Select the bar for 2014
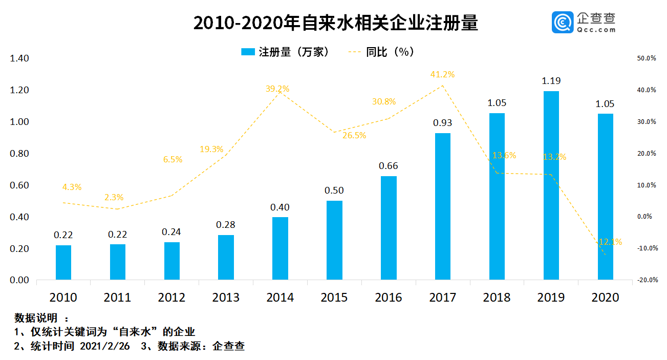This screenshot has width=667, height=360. pyautogui.click(x=280, y=248)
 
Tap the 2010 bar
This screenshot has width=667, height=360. pyautogui.click(x=63, y=262)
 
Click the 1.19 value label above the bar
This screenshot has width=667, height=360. pyautogui.click(x=551, y=81)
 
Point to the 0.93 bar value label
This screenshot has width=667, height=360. pyautogui.click(x=442, y=123)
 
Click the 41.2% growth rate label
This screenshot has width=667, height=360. pyautogui.click(x=442, y=75)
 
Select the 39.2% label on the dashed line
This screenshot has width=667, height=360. pyautogui.click(x=277, y=89)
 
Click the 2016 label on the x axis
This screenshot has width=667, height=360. pyautogui.click(x=389, y=298)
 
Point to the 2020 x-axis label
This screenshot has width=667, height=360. pyautogui.click(x=605, y=298)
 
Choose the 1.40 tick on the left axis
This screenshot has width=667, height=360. pyautogui.click(x=19, y=59)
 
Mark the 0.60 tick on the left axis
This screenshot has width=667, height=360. pyautogui.click(x=19, y=185)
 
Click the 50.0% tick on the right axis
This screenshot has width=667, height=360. pyautogui.click(x=647, y=59)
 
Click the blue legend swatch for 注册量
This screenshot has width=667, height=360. pyautogui.click(x=248, y=52)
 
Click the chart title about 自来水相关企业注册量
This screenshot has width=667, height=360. pyautogui.click(x=335, y=24)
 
